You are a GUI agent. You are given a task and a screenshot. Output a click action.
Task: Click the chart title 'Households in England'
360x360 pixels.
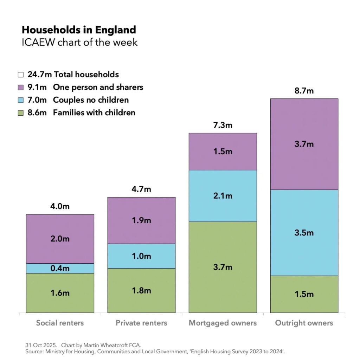(79, 30)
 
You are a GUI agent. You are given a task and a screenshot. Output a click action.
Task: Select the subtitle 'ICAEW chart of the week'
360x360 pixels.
(79, 42)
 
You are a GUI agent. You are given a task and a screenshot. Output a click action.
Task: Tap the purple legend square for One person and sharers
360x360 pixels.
(21, 87)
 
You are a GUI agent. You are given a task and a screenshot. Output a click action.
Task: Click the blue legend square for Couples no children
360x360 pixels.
(21, 100)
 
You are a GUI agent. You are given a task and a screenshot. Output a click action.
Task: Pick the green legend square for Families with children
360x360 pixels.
(21, 112)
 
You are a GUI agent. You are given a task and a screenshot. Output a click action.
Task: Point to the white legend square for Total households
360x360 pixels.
(21, 75)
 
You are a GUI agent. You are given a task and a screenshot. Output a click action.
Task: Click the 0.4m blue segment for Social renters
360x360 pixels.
(60, 268)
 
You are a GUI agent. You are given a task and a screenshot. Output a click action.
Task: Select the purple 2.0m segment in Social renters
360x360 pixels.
(60, 239)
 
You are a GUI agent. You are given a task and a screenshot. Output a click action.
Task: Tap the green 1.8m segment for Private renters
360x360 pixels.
(141, 290)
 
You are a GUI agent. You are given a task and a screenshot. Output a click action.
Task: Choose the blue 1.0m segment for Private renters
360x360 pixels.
(141, 256)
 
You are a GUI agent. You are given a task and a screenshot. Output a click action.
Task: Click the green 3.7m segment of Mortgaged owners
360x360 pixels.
(223, 267)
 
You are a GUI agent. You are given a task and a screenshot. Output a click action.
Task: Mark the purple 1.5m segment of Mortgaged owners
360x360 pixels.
(223, 152)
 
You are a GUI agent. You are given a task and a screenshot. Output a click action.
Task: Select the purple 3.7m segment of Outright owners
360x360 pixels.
(304, 144)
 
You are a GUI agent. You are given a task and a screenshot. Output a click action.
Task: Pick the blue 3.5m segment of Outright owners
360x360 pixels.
(304, 233)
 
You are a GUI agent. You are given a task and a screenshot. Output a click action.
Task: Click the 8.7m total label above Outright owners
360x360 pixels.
(304, 91)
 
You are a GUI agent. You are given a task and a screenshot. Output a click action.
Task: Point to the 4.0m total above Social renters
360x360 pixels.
(60, 206)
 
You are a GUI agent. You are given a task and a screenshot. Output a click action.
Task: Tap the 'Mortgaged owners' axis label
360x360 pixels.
(223, 323)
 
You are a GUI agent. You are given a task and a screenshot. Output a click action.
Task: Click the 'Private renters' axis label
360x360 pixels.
(141, 323)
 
